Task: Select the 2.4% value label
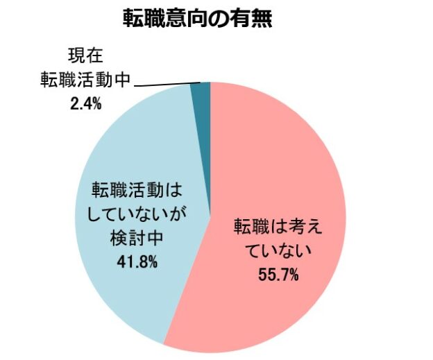tap(85, 104)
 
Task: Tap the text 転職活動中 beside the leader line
tap(85, 80)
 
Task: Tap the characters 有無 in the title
tap(254, 17)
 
